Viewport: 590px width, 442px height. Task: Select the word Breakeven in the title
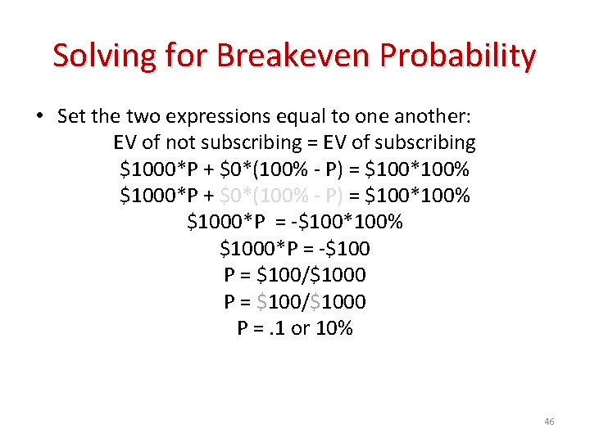284,56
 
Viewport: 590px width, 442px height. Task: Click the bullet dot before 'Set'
39,116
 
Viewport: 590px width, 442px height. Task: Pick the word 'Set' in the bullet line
70,116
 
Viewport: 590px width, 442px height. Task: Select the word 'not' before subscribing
172,142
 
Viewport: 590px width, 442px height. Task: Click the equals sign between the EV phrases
313,142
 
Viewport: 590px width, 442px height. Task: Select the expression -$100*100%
357,222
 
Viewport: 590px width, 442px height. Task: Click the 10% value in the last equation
334,328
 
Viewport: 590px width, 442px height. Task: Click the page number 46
549,422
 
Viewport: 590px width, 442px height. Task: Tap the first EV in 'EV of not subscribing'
125,142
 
